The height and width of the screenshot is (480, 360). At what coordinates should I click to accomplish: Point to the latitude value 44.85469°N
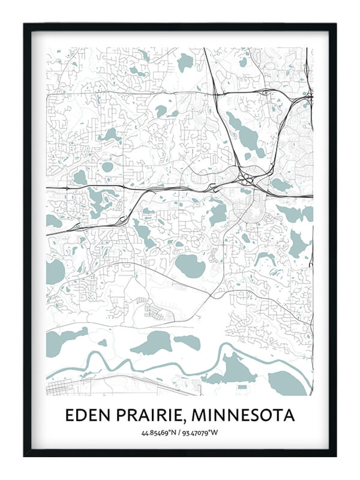[x=158, y=432]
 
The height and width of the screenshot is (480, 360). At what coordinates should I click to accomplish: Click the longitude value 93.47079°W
[x=202, y=432]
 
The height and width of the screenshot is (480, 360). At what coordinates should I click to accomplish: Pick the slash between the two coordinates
[x=179, y=432]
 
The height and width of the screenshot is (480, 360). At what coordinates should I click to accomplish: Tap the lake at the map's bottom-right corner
[x=287, y=383]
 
